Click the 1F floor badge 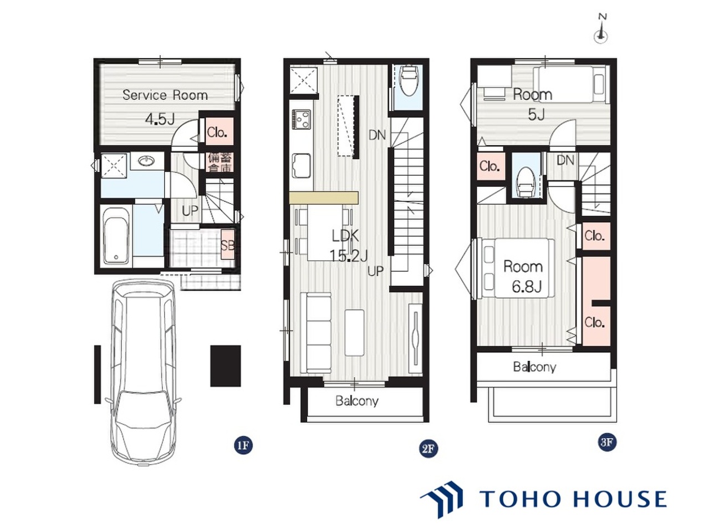[243, 445]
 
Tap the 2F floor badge [428, 449]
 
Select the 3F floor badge [606, 443]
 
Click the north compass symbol [601, 31]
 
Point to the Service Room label [165, 95]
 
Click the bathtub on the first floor [116, 236]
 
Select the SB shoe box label [228, 245]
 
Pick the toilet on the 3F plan [524, 182]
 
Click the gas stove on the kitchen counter [301, 120]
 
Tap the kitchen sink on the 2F [301, 166]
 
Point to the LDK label [345, 236]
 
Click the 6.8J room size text [527, 287]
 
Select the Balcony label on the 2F [357, 401]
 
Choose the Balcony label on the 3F [535, 367]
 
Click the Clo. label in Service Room [217, 132]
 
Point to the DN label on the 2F [377, 135]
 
